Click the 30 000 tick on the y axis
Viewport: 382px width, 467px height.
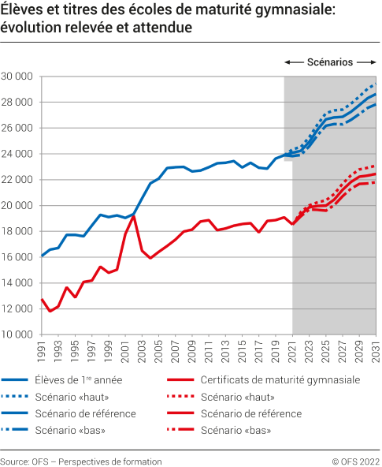coord(17,77)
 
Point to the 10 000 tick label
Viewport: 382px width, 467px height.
coord(17,334)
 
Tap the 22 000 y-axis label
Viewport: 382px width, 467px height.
coord(17,180)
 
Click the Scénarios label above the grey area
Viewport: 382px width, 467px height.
coord(329,62)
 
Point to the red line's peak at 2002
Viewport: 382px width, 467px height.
coord(134,215)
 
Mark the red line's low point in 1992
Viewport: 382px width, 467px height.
coord(50,311)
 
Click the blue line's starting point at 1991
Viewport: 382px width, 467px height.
coord(42,256)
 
